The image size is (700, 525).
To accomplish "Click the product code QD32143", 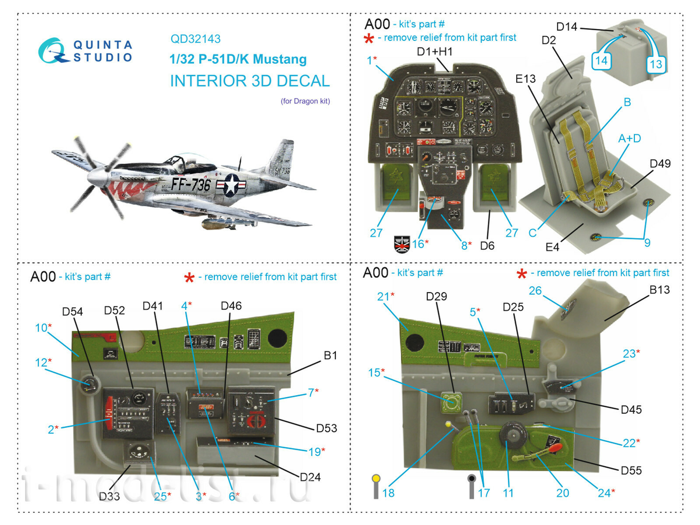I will click(x=195, y=39).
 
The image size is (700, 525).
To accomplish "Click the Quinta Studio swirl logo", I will click(x=52, y=51).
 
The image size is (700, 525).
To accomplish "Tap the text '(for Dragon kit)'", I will click(x=305, y=101).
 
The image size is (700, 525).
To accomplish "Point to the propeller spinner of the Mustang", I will click(x=94, y=177).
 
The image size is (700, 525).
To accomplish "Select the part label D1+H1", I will click(x=434, y=52).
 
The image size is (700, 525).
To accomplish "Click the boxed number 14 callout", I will click(x=601, y=60).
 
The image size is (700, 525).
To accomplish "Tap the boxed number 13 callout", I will click(x=655, y=64).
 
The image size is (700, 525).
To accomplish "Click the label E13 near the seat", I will click(x=525, y=79).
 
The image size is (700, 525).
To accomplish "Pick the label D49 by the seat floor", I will click(x=660, y=164).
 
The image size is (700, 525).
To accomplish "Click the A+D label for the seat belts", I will click(x=629, y=139).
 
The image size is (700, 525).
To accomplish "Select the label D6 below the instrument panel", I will click(x=487, y=246).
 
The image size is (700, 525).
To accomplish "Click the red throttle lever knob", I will click(x=554, y=448).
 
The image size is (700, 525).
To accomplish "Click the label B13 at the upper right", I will click(x=659, y=290).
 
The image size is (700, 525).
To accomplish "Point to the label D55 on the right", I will click(x=631, y=471).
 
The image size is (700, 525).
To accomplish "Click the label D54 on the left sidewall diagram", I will click(x=72, y=311).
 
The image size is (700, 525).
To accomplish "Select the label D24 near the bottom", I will click(x=310, y=477).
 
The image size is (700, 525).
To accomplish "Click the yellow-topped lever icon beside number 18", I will click(x=376, y=486).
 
